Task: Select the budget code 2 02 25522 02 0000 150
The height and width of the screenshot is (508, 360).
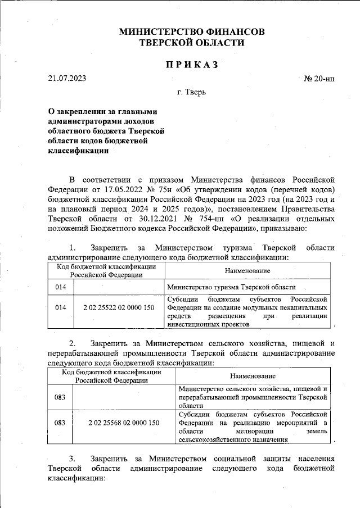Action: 118,307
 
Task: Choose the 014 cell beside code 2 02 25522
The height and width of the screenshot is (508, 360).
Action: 61,307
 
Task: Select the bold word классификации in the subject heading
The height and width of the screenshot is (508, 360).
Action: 76,150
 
